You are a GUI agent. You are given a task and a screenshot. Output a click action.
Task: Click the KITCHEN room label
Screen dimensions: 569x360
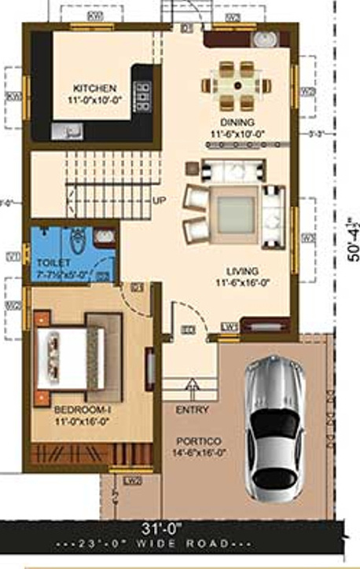tap(96, 88)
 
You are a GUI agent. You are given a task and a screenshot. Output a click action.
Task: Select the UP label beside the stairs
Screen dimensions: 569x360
tap(159, 200)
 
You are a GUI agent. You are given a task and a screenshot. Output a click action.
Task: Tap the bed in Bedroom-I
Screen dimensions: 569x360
tap(69, 358)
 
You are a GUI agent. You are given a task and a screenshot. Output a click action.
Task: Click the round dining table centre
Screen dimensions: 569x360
tap(237, 84)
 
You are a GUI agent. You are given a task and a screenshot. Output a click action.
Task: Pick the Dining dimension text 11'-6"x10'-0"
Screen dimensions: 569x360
tap(237, 134)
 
